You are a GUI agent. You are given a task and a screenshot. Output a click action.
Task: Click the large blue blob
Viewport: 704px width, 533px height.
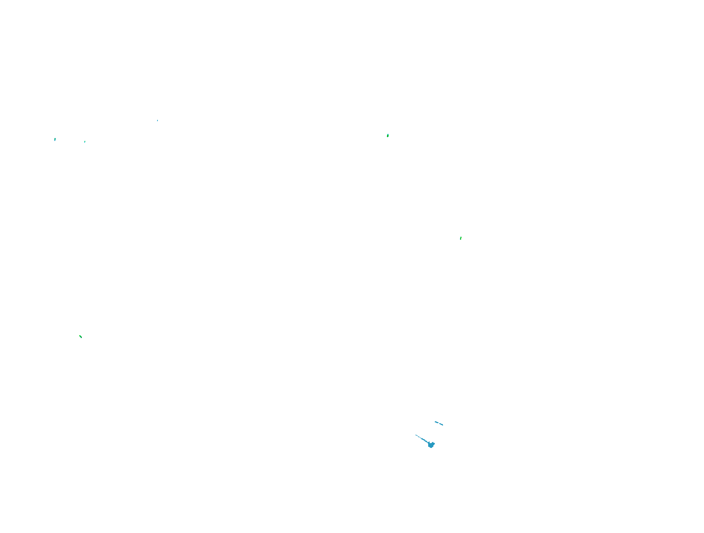point(431,445)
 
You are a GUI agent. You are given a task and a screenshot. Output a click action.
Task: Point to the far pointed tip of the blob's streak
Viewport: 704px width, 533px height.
point(416,435)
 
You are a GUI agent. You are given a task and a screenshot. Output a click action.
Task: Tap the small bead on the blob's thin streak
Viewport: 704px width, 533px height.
point(419,437)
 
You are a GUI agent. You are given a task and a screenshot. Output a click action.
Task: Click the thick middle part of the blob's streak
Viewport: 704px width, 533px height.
point(424,440)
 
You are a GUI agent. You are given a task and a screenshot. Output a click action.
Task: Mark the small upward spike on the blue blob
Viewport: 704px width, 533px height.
point(429,442)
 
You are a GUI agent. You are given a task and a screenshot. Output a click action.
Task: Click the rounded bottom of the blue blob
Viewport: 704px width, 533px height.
point(431,447)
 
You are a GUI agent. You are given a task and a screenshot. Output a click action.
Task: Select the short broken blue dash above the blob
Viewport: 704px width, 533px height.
point(439,423)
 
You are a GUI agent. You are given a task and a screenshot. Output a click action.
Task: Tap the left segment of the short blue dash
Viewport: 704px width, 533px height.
point(437,422)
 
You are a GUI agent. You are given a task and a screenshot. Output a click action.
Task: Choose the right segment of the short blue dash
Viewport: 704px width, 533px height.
point(441,424)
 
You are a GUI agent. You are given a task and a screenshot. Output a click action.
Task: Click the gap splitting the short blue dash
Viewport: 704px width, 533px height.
point(439,423)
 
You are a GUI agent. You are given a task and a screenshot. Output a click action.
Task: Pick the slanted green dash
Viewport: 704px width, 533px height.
point(80,337)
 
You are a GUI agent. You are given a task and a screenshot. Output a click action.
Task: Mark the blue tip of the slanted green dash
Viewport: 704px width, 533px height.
point(81,338)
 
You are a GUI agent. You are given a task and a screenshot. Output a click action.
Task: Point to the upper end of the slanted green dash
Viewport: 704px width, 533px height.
point(79,335)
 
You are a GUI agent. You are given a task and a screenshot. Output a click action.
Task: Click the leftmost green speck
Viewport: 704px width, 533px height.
point(55,139)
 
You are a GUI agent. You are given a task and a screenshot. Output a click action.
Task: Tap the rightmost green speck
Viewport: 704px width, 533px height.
point(461,238)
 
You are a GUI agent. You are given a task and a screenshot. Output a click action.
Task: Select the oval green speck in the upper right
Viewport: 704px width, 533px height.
point(388,136)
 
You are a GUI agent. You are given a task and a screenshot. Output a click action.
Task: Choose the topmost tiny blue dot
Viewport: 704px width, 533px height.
point(158,120)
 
